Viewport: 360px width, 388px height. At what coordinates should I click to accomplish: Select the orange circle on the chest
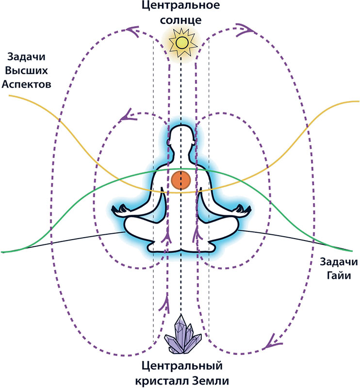pyautogui.click(x=180, y=180)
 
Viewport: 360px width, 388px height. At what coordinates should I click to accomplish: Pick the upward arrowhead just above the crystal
pyautogui.click(x=168, y=304)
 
